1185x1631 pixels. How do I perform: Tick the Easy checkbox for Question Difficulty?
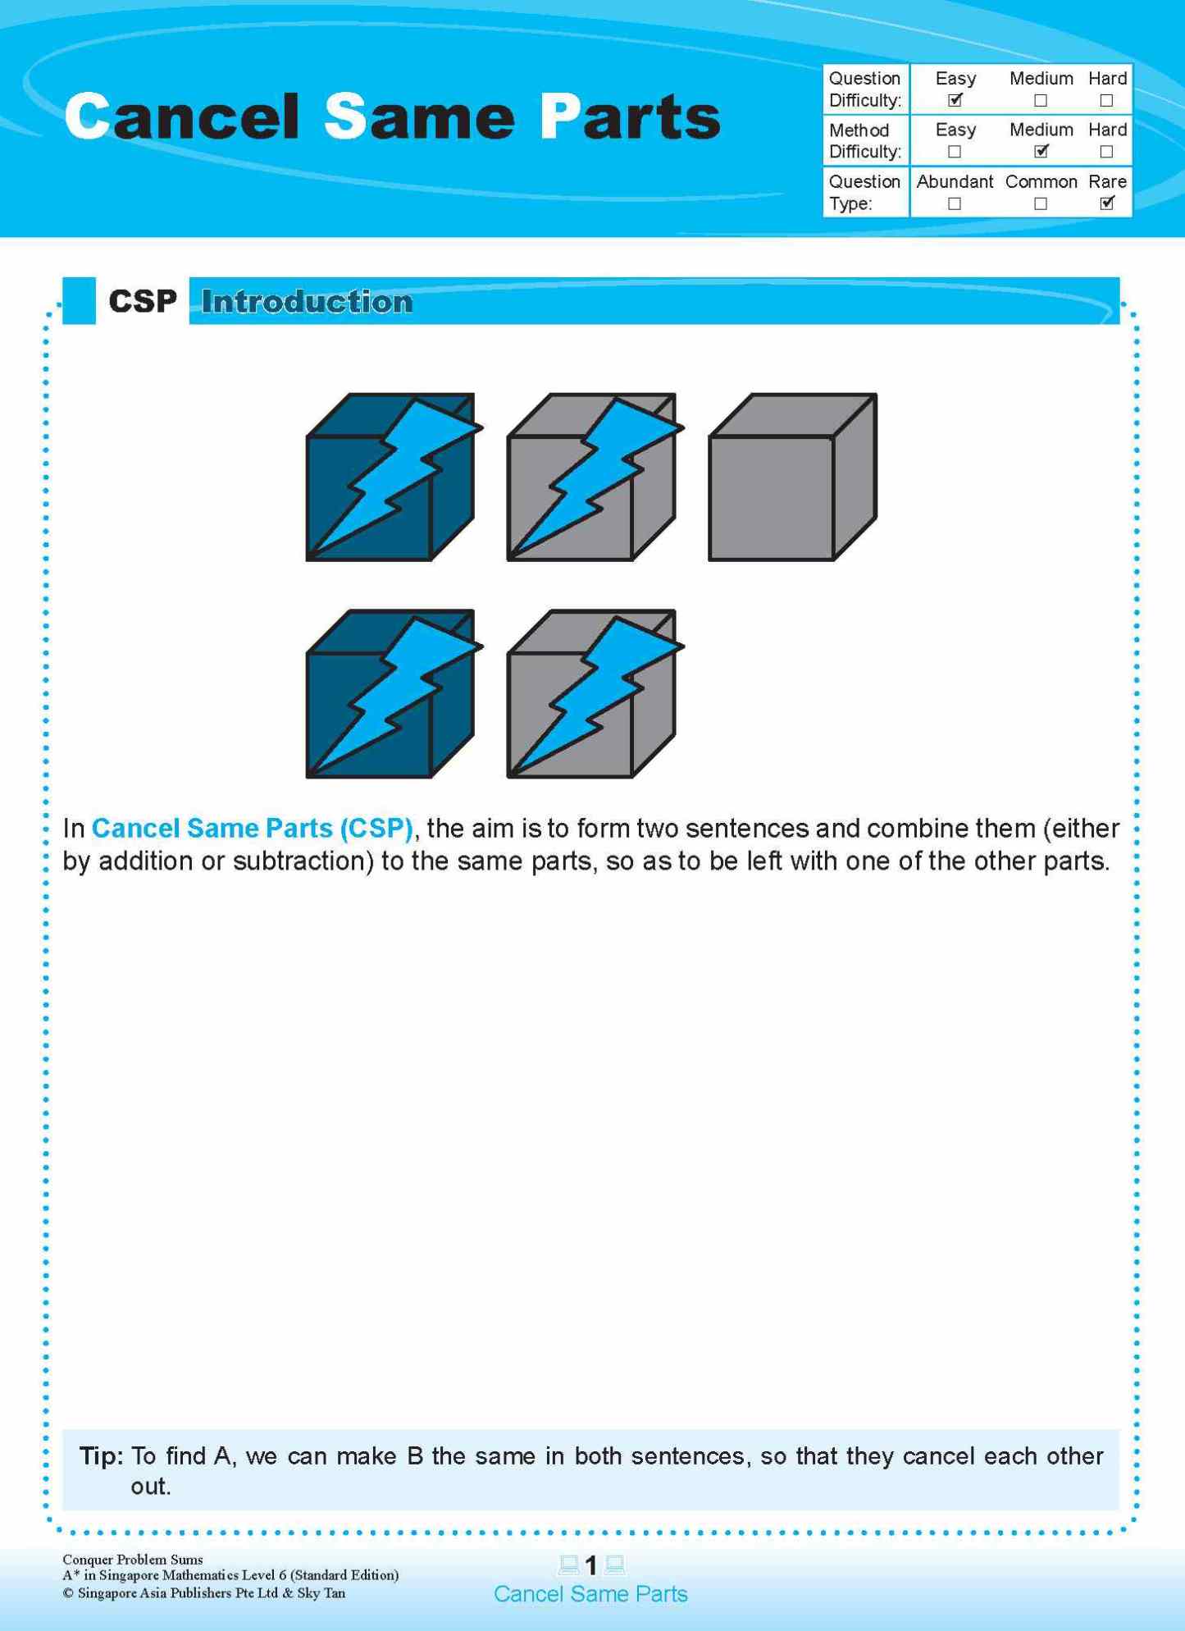(x=955, y=100)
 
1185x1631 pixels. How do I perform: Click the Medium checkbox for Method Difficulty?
(x=1041, y=152)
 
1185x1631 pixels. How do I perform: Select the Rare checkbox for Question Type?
(x=1106, y=203)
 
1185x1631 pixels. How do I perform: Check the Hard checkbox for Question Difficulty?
(x=1106, y=101)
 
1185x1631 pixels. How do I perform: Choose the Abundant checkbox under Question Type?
(x=954, y=203)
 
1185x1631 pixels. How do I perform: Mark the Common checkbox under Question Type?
(x=1041, y=203)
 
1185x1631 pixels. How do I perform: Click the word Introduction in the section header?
(x=307, y=302)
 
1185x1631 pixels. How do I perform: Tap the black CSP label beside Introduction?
(x=143, y=302)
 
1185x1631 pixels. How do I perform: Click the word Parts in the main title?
(x=630, y=116)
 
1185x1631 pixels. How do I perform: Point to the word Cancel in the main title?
(x=182, y=116)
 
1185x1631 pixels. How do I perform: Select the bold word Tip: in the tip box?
(x=101, y=1456)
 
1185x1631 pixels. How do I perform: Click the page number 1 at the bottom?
(x=591, y=1566)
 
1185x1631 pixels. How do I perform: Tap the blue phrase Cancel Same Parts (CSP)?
(x=252, y=829)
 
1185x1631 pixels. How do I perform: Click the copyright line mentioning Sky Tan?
(x=204, y=1593)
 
